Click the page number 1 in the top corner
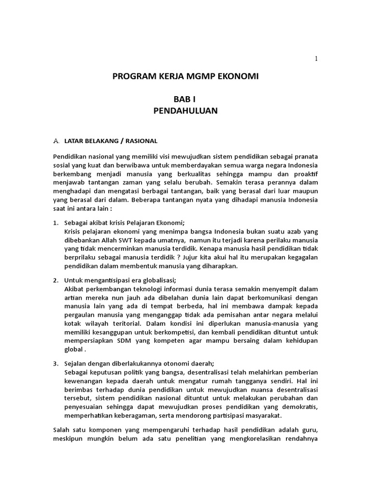(x=316, y=58)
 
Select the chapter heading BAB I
(x=185, y=100)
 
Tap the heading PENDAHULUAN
(x=185, y=111)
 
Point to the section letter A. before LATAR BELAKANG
(x=56, y=141)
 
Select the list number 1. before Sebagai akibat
(x=56, y=223)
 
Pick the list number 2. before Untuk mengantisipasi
(x=56, y=280)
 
